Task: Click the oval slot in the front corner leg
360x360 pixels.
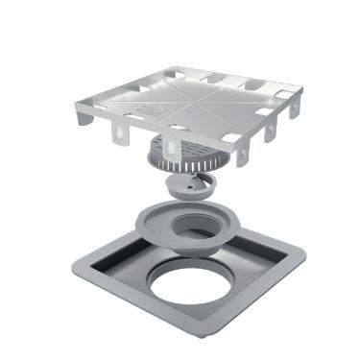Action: pos(174,149)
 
